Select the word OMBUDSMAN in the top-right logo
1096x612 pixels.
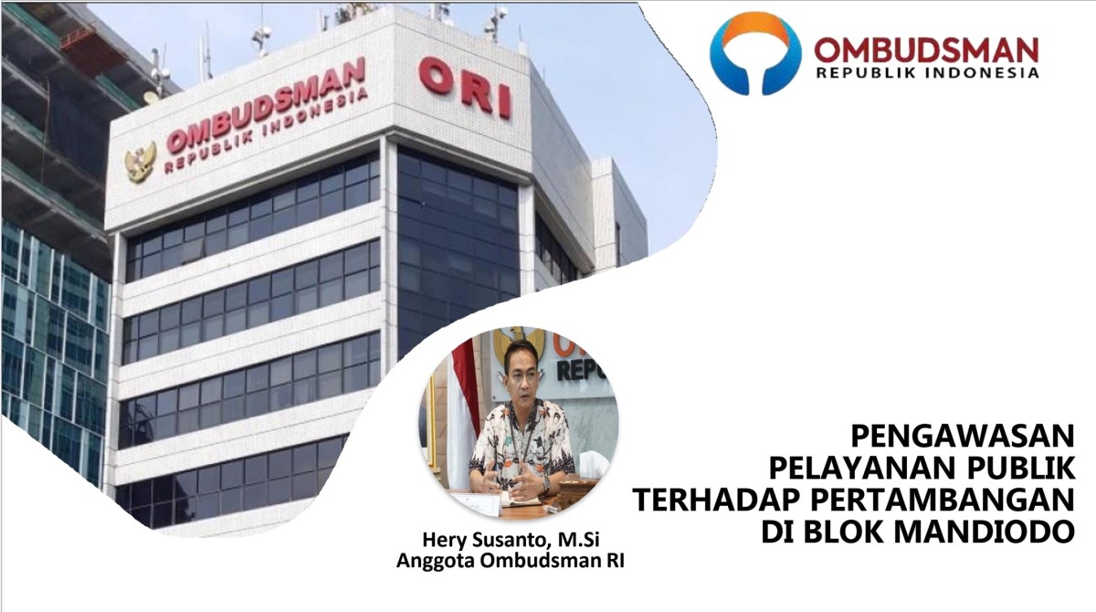tap(926, 50)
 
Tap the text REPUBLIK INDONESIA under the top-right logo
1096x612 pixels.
tap(927, 73)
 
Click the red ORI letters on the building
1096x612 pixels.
tap(465, 88)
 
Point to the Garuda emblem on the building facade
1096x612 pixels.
tap(140, 162)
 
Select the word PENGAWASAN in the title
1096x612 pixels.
tap(963, 436)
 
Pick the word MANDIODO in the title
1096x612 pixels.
tap(985, 531)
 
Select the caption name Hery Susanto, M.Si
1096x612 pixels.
tap(511, 540)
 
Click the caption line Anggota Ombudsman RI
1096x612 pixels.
tap(511, 561)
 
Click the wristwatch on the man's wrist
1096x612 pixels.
tap(546, 483)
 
